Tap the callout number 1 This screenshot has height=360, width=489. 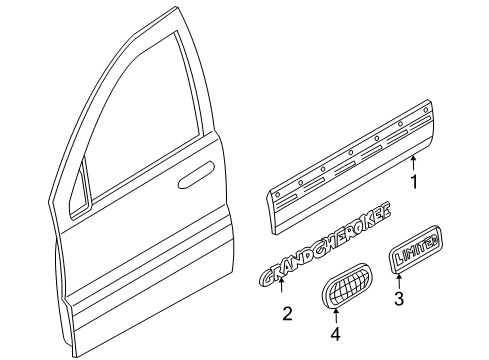click(x=412, y=182)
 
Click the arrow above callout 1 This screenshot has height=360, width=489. click(x=412, y=162)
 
